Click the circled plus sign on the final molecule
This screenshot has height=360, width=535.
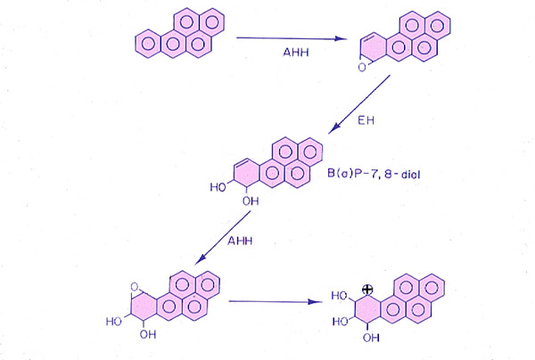[x=366, y=290]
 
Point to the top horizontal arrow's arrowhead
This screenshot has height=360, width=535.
[x=342, y=38]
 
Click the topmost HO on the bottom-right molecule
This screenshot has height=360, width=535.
[x=340, y=295]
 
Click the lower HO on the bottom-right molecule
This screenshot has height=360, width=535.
[x=340, y=318]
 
